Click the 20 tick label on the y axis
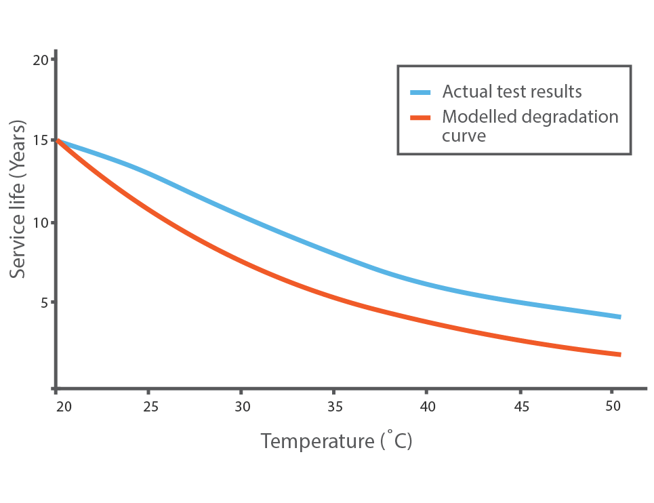coord(41,60)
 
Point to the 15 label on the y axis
coord(41,140)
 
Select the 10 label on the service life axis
coord(41,223)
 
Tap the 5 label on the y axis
coord(44,302)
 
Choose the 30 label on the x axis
coord(242,407)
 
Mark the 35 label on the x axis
coord(334,407)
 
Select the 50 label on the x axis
coord(612,407)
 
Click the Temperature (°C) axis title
coord(336,442)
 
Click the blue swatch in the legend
coord(420,92)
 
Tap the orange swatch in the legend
coord(420,117)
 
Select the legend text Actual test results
coord(512,92)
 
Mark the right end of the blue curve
coord(619,317)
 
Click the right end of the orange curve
coord(619,355)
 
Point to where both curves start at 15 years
coord(58,140)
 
